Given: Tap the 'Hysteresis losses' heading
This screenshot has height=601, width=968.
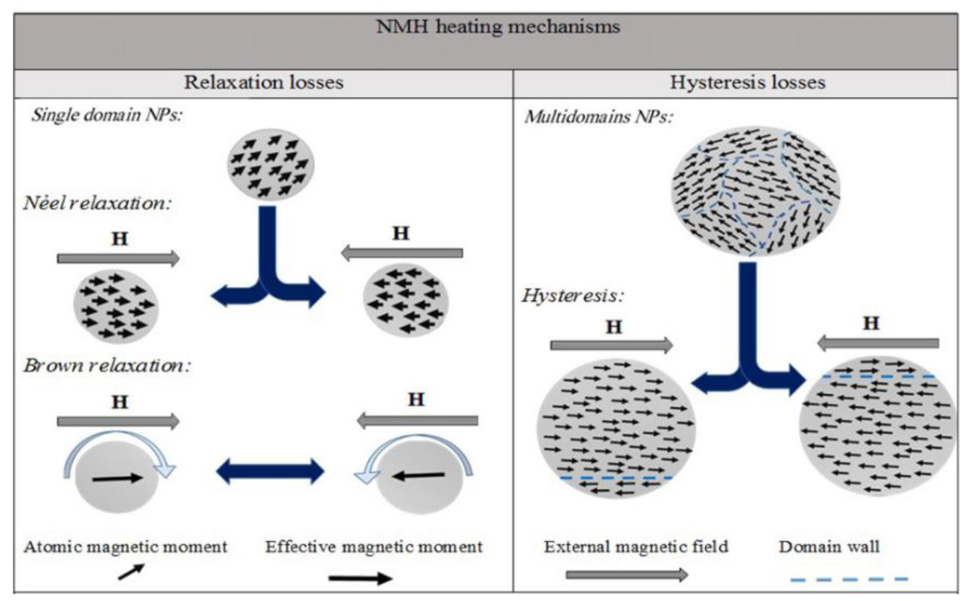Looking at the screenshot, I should (747, 83).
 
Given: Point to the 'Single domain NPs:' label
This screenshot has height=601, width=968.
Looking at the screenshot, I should (107, 115).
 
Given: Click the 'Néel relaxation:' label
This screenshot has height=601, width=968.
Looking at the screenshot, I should (97, 203).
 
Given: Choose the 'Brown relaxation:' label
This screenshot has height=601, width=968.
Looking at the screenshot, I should (107, 366).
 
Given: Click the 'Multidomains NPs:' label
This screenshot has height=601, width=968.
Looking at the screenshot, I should (598, 117).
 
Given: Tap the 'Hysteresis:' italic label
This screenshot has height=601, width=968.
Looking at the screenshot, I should (573, 296).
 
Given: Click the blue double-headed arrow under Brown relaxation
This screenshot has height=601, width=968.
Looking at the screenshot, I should (270, 471).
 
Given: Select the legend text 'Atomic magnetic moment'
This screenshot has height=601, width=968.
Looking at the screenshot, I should (126, 547).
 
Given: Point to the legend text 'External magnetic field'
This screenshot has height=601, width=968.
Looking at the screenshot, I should (636, 547).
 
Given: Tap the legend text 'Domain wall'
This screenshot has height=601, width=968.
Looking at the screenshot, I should (829, 547).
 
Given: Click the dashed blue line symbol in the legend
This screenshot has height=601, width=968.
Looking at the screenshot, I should (849, 580).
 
